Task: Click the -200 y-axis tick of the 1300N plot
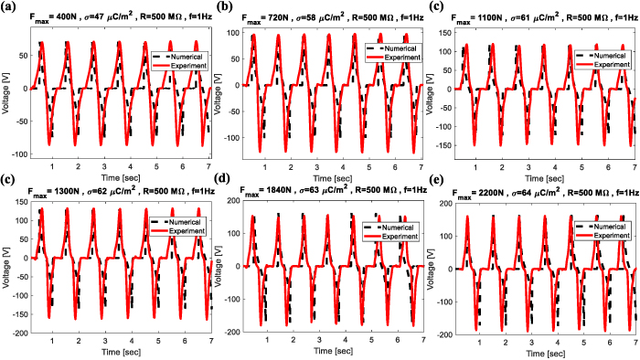click(x=16, y=334)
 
